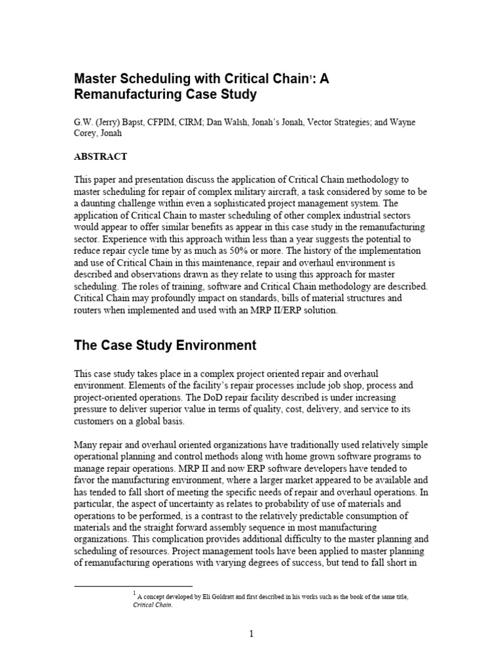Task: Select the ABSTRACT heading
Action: (x=100, y=156)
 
